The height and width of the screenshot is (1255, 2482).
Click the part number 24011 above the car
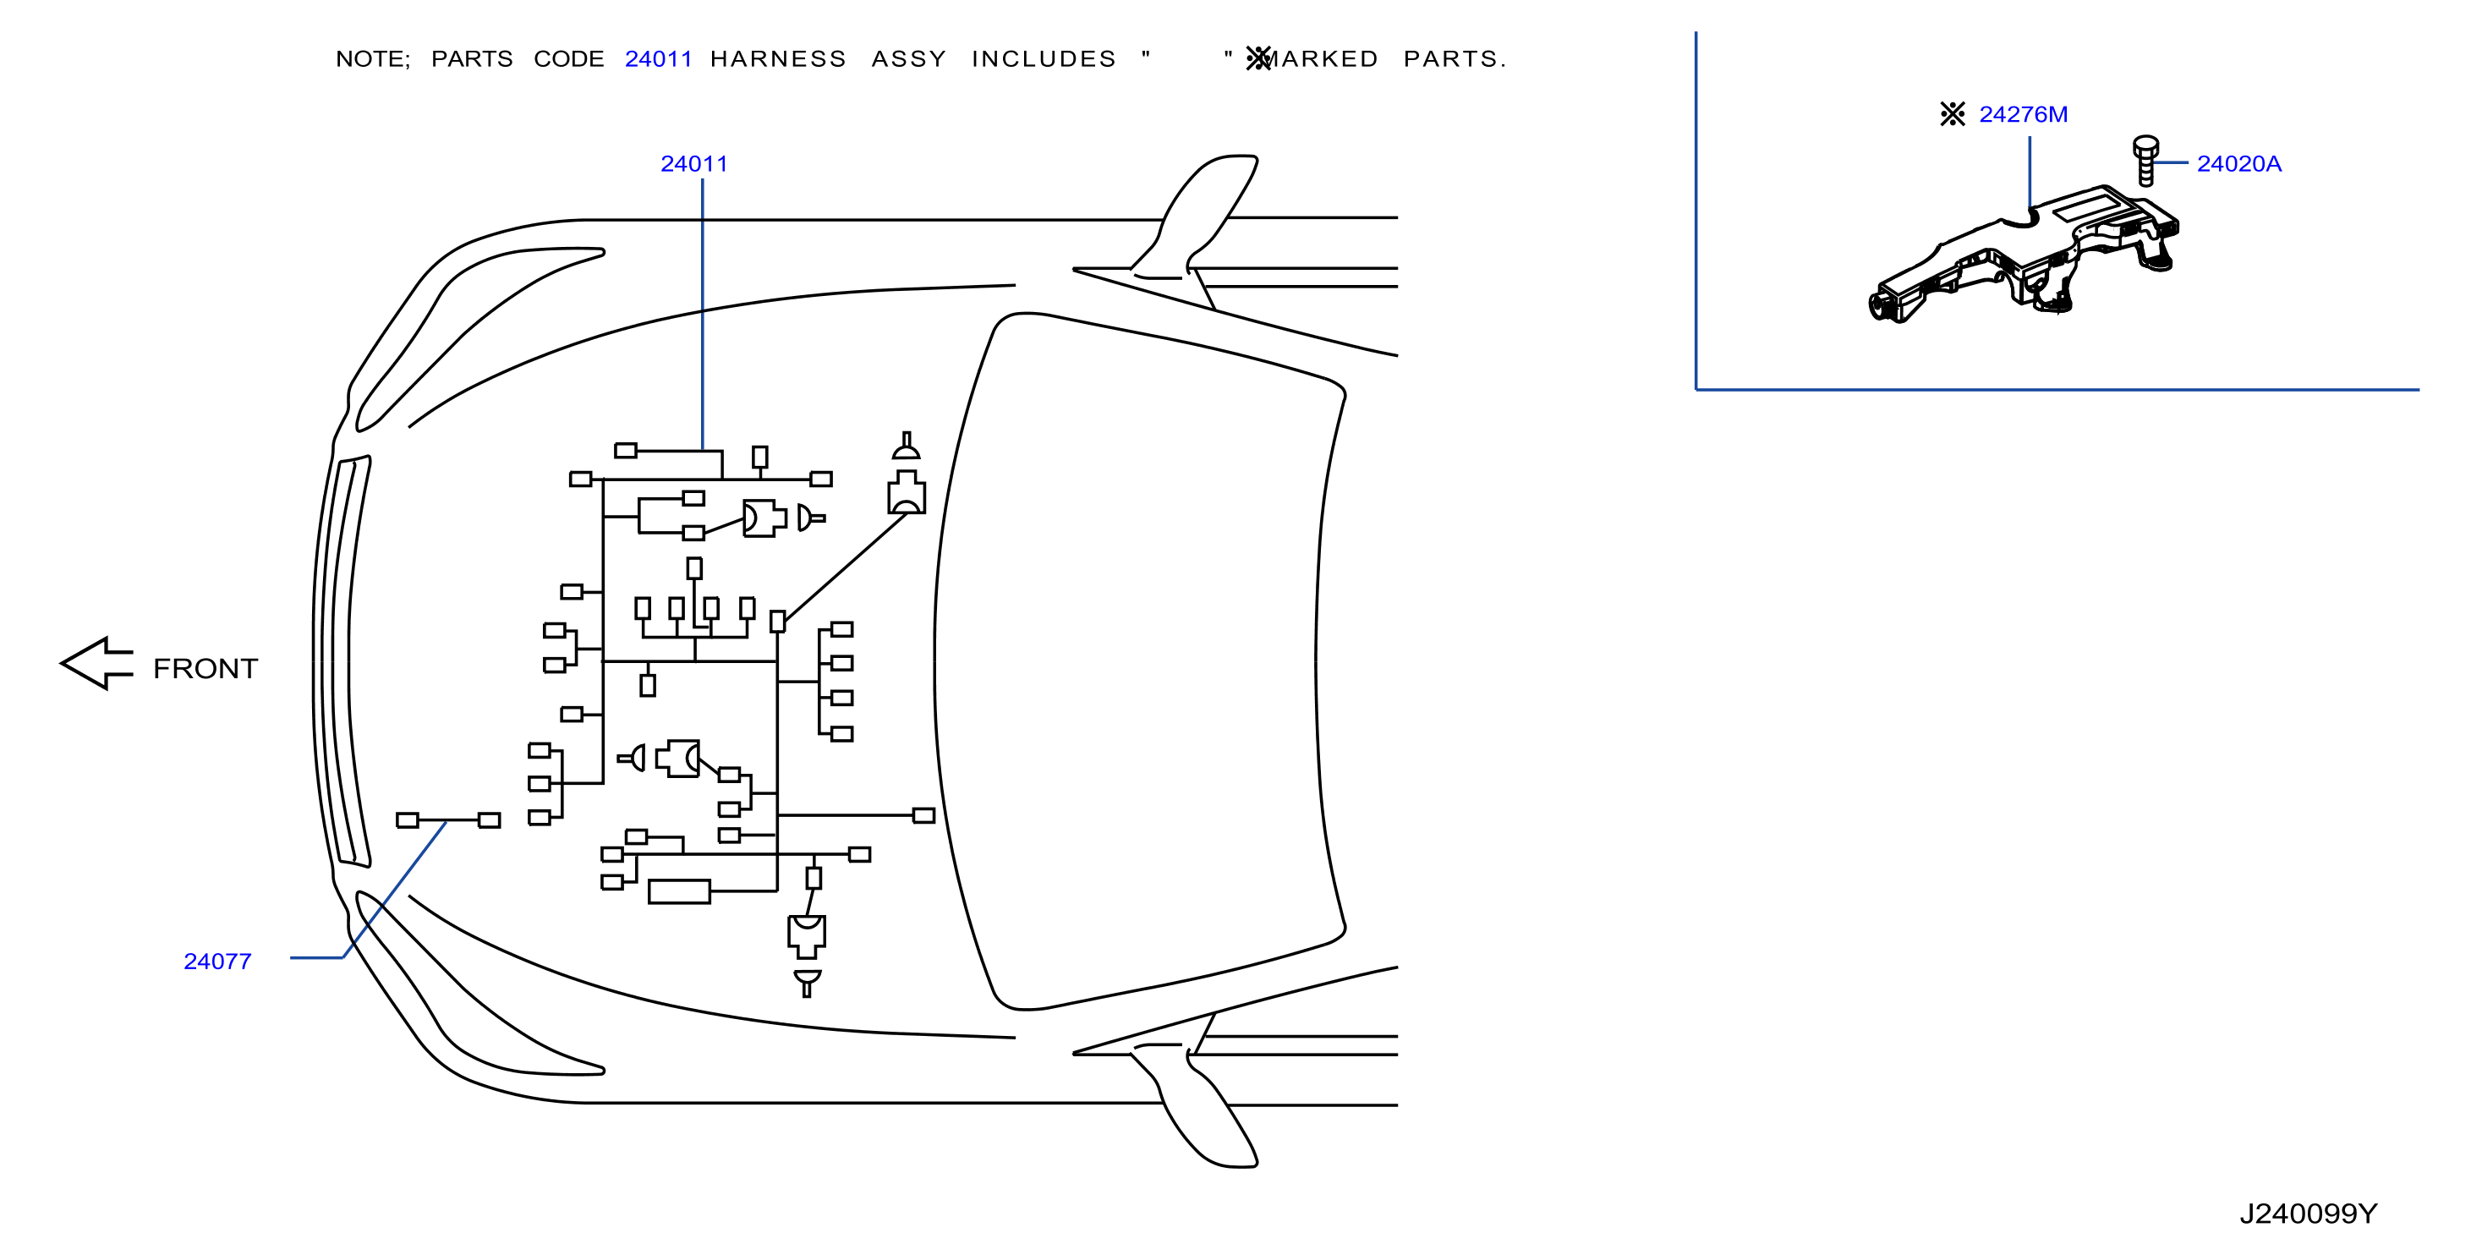(693, 164)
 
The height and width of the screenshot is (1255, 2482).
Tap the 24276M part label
(2024, 115)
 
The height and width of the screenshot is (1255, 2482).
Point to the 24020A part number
(2239, 164)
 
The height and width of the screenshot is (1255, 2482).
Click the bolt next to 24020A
(2145, 160)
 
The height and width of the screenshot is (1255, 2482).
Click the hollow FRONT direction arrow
(96, 663)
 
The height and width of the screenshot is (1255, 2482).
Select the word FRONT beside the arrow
(205, 669)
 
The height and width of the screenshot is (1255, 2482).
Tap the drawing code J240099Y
(2309, 1214)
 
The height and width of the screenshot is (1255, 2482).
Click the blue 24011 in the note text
(659, 59)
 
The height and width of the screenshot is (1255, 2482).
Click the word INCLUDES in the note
(1044, 59)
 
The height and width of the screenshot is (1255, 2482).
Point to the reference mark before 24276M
(1953, 115)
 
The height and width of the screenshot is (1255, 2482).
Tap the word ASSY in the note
(908, 59)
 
